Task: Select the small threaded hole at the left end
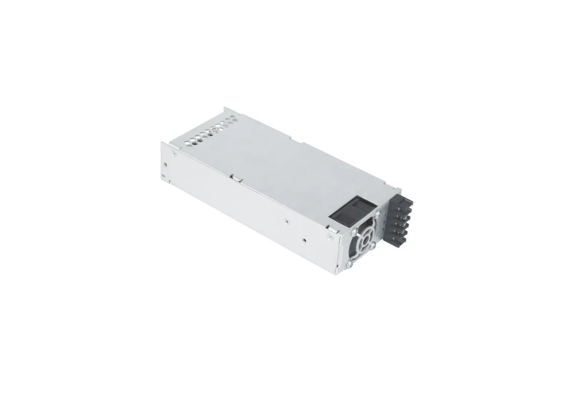(166, 164)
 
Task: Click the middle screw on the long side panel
(286, 220)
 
